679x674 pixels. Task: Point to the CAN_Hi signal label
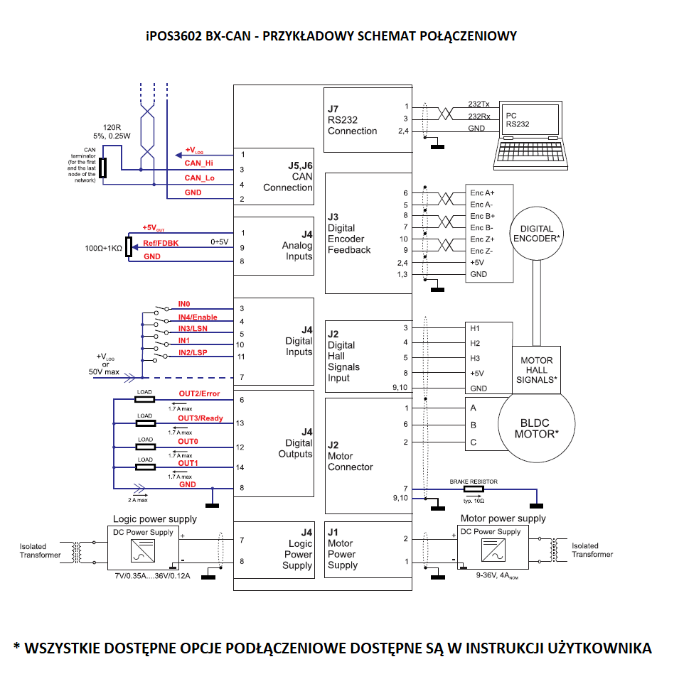(x=198, y=163)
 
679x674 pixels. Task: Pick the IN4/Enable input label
(x=198, y=317)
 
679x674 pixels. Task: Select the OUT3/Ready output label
(x=200, y=418)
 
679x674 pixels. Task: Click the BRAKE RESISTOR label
(x=474, y=482)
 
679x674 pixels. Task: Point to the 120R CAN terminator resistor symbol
(x=103, y=168)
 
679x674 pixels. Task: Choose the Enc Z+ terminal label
(x=481, y=239)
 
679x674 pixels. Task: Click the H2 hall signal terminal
(x=475, y=343)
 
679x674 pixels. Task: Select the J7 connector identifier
(x=333, y=109)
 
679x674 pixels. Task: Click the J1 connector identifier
(x=333, y=532)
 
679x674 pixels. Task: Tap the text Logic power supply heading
(x=155, y=519)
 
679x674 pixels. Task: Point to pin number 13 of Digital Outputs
(x=240, y=423)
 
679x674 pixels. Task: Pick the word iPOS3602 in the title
(x=174, y=36)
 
